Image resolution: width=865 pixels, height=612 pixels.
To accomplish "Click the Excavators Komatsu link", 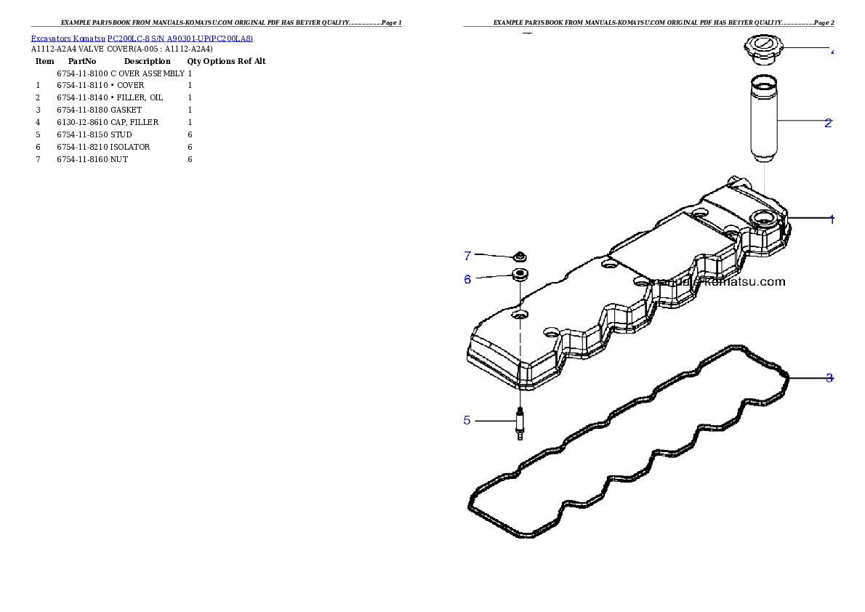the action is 68,39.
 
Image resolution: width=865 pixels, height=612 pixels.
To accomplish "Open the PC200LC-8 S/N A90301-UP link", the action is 180,39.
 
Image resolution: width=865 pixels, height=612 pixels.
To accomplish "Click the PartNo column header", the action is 82,61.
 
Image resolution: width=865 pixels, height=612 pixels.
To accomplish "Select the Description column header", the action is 148,61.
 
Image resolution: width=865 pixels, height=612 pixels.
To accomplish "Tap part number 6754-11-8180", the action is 82,110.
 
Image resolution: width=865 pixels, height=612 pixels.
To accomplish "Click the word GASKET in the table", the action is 126,110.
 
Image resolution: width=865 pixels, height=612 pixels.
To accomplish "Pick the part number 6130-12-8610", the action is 82,122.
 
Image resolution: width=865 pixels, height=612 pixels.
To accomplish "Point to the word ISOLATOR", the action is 130,147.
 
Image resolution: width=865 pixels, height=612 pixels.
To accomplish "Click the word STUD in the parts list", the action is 121,134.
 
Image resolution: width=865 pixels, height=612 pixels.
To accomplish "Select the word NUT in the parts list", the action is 119,159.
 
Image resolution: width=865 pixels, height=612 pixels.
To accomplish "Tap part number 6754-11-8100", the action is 82,73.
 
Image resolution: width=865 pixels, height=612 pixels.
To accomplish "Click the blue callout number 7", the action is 468,256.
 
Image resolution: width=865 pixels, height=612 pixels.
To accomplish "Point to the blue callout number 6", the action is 468,280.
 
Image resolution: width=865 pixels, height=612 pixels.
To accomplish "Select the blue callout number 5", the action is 467,421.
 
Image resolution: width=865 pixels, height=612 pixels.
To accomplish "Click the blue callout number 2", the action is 828,123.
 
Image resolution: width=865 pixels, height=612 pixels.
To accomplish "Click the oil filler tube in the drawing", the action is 764,118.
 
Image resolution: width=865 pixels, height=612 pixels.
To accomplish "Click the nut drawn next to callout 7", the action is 520,256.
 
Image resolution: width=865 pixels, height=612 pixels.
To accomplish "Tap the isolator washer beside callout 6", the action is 520,273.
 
